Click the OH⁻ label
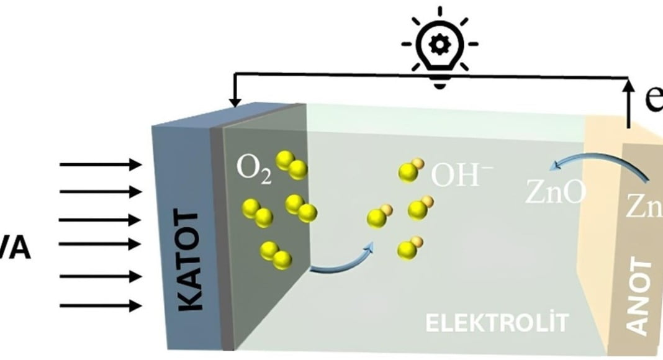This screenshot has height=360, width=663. [455, 176]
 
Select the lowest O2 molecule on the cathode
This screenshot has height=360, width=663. [276, 255]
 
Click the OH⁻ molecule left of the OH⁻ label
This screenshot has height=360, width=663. [410, 169]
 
